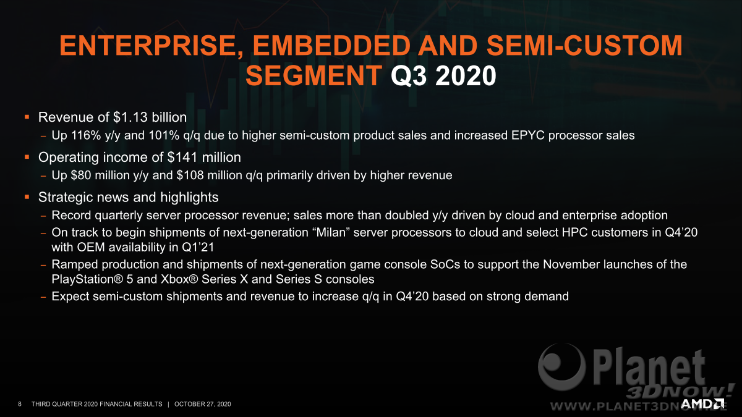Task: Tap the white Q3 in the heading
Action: (x=409, y=77)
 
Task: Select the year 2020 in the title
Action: (x=466, y=76)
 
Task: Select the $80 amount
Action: (x=81, y=175)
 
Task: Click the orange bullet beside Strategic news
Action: (x=27, y=197)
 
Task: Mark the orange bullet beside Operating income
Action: (x=27, y=157)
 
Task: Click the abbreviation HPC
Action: (x=574, y=232)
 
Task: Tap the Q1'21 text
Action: (x=198, y=247)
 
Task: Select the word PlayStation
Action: (x=87, y=279)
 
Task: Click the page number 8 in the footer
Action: (x=20, y=404)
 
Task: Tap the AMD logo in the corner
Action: (x=702, y=404)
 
